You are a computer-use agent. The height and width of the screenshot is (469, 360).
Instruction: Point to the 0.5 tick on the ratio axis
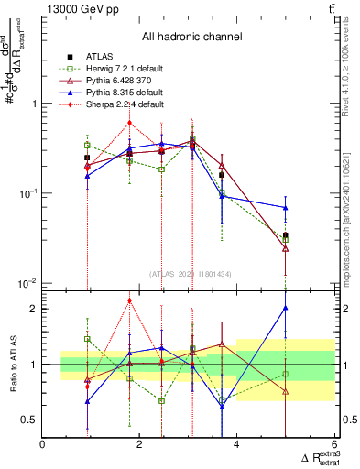click(30, 420)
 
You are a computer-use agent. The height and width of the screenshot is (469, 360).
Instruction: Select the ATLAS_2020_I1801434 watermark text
click(190, 274)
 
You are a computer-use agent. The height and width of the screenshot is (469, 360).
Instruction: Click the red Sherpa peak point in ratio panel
click(130, 300)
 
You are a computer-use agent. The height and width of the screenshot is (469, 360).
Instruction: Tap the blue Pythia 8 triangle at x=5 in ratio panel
click(286, 309)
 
